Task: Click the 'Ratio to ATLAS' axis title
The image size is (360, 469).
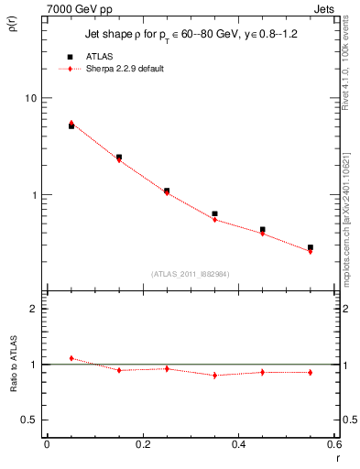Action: tap(12, 365)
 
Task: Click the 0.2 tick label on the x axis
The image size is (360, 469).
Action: tap(142, 444)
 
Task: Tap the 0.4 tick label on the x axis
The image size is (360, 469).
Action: tap(238, 444)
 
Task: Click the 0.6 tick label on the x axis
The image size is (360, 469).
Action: tap(333, 444)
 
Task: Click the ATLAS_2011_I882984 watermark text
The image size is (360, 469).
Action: tap(191, 274)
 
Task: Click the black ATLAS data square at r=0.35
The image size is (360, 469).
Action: tap(214, 213)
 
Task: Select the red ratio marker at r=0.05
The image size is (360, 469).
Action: tap(71, 358)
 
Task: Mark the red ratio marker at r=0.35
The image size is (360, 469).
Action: tap(214, 376)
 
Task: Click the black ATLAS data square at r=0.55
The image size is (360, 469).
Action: tap(311, 247)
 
